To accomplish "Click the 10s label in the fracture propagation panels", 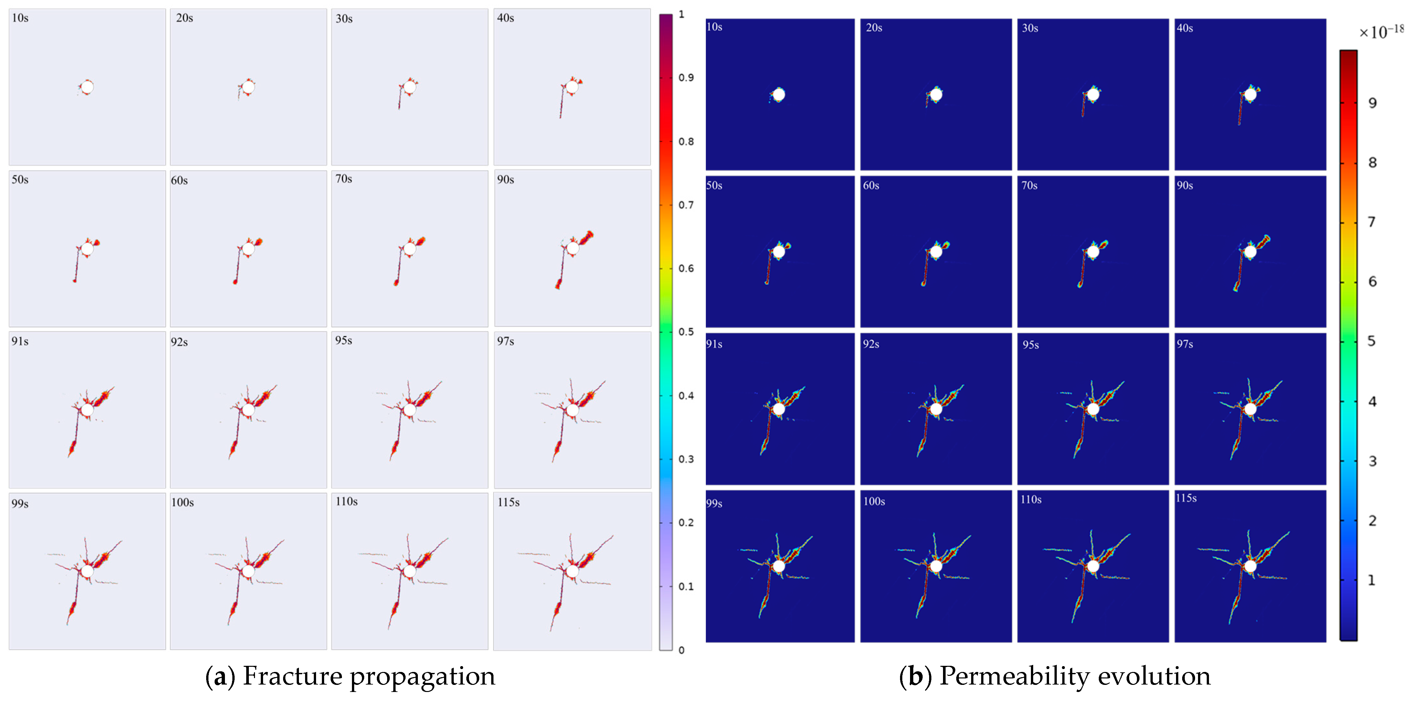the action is [20, 18].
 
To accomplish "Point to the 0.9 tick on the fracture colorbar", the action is [686, 78].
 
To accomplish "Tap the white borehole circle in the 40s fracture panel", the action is [572, 87].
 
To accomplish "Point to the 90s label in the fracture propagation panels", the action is [505, 180].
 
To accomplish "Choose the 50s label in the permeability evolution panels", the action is [714, 185].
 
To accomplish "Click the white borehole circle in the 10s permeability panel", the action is [778, 95].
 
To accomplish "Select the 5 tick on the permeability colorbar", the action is [1372, 341].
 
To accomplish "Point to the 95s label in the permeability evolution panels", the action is [1031, 345].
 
